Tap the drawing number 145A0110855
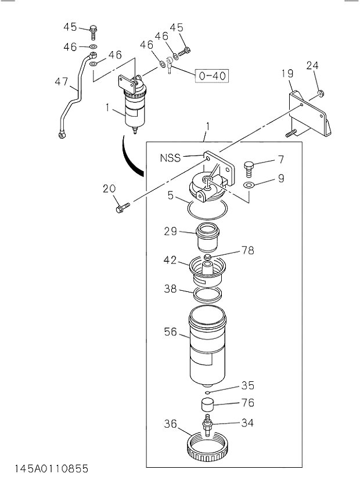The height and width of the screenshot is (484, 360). [x=46, y=468]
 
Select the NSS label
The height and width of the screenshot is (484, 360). [x=171, y=157]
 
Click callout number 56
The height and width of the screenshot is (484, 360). [x=171, y=332]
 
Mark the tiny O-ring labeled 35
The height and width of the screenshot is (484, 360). [x=207, y=392]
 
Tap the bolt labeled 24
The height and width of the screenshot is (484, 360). [x=321, y=93]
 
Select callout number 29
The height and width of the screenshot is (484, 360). [x=170, y=231]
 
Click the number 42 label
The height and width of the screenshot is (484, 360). [x=170, y=260]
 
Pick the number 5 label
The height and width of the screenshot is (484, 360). [x=171, y=196]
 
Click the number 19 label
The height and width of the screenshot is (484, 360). [x=287, y=73]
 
